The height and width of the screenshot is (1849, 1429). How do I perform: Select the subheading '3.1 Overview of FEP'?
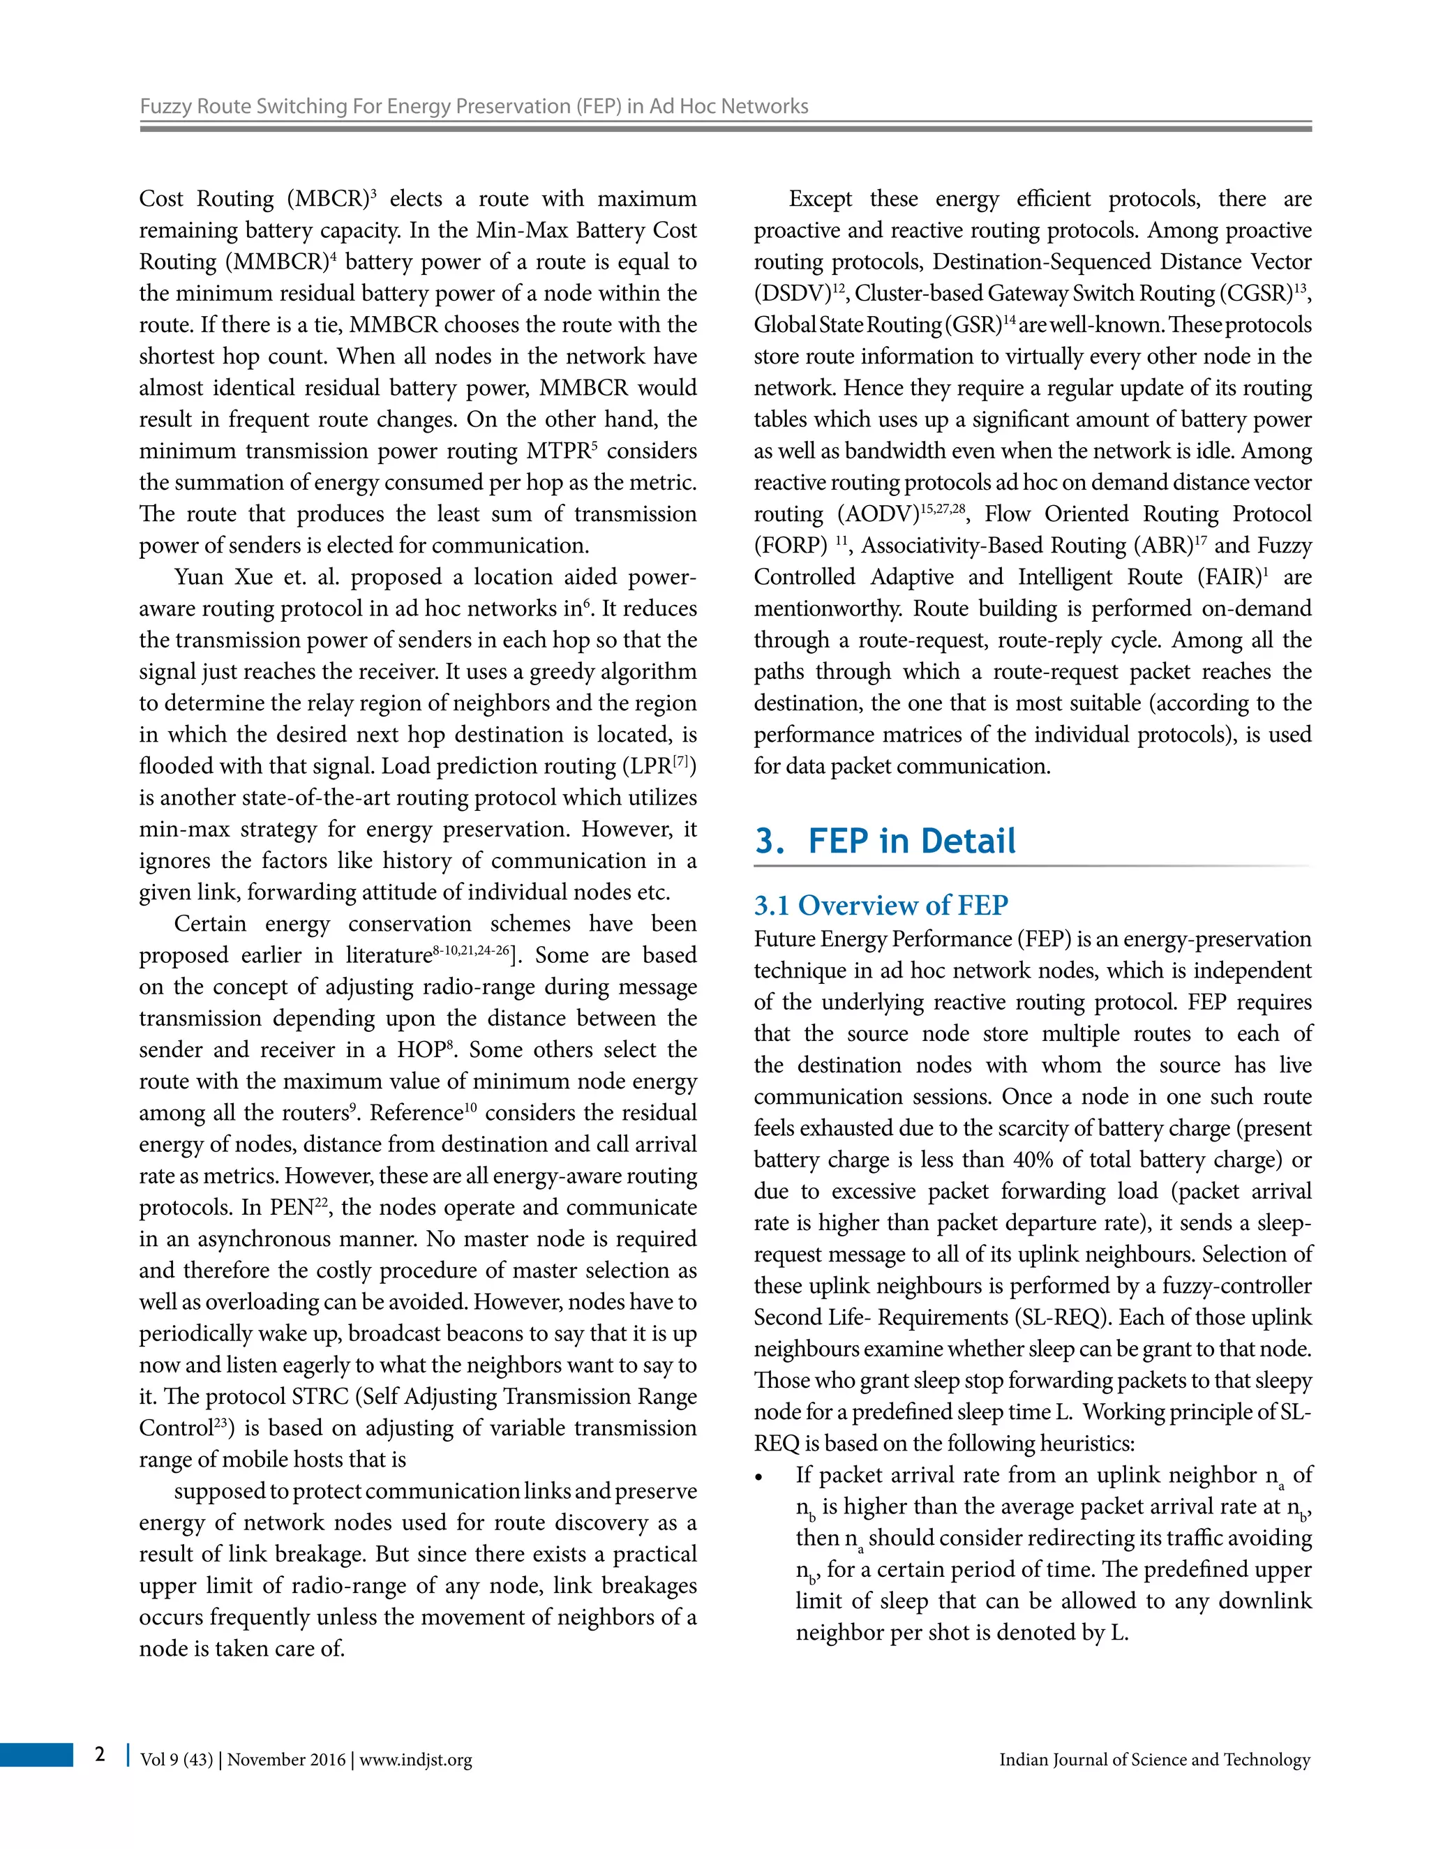pyautogui.click(x=881, y=905)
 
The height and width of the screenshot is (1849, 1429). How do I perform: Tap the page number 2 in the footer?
pyautogui.click(x=100, y=1753)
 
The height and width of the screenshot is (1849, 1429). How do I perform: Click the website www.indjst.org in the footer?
pyautogui.click(x=416, y=1760)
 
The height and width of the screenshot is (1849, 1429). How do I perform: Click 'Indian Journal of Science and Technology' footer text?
pyautogui.click(x=1154, y=1760)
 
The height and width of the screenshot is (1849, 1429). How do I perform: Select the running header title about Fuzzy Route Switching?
pyautogui.click(x=473, y=107)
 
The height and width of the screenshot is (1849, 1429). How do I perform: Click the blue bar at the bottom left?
pyautogui.click(x=36, y=1754)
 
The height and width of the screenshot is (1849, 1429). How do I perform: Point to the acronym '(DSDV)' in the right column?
pyautogui.click(x=793, y=294)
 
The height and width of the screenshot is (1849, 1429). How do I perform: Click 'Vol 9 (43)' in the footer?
pyautogui.click(x=176, y=1760)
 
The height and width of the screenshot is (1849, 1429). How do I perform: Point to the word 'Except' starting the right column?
pyautogui.click(x=821, y=200)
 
